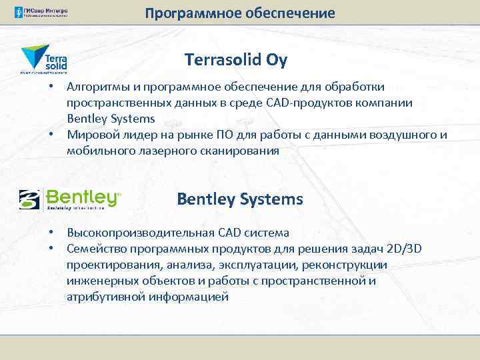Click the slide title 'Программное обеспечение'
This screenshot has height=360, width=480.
(x=239, y=13)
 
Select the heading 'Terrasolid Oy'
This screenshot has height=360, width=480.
(x=236, y=60)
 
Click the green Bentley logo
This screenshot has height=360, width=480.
(x=70, y=199)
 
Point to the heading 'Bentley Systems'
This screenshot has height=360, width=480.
(x=239, y=199)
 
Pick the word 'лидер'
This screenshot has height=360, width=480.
(x=137, y=135)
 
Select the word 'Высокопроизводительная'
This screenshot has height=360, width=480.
(x=141, y=233)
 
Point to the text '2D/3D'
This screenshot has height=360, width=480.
(x=407, y=249)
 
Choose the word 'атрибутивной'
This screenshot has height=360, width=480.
(x=104, y=297)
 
